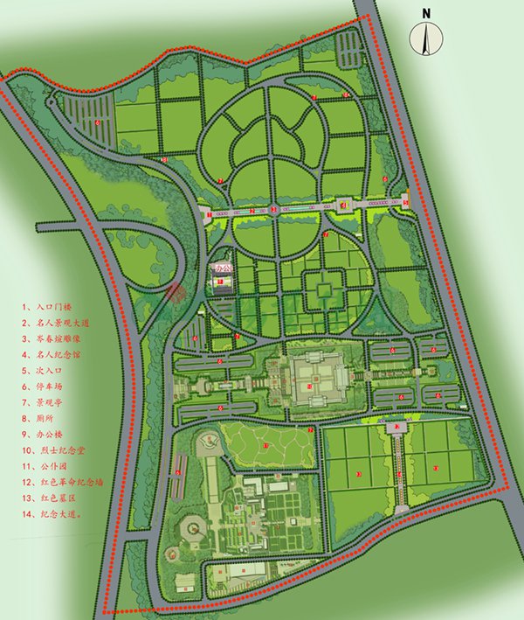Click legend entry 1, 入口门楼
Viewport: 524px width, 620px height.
47,309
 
